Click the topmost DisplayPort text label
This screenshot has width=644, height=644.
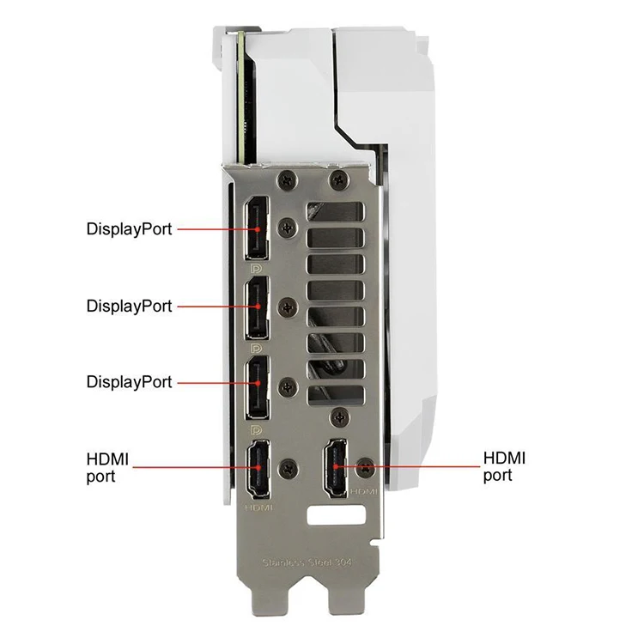129,229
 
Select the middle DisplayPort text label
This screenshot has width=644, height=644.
129,306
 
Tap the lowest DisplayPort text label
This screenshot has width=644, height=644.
129,381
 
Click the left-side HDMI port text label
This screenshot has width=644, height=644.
107,469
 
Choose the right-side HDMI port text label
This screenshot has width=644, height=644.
504,467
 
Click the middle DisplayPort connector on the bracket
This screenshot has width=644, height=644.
256,307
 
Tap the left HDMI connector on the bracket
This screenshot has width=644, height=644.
258,468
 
